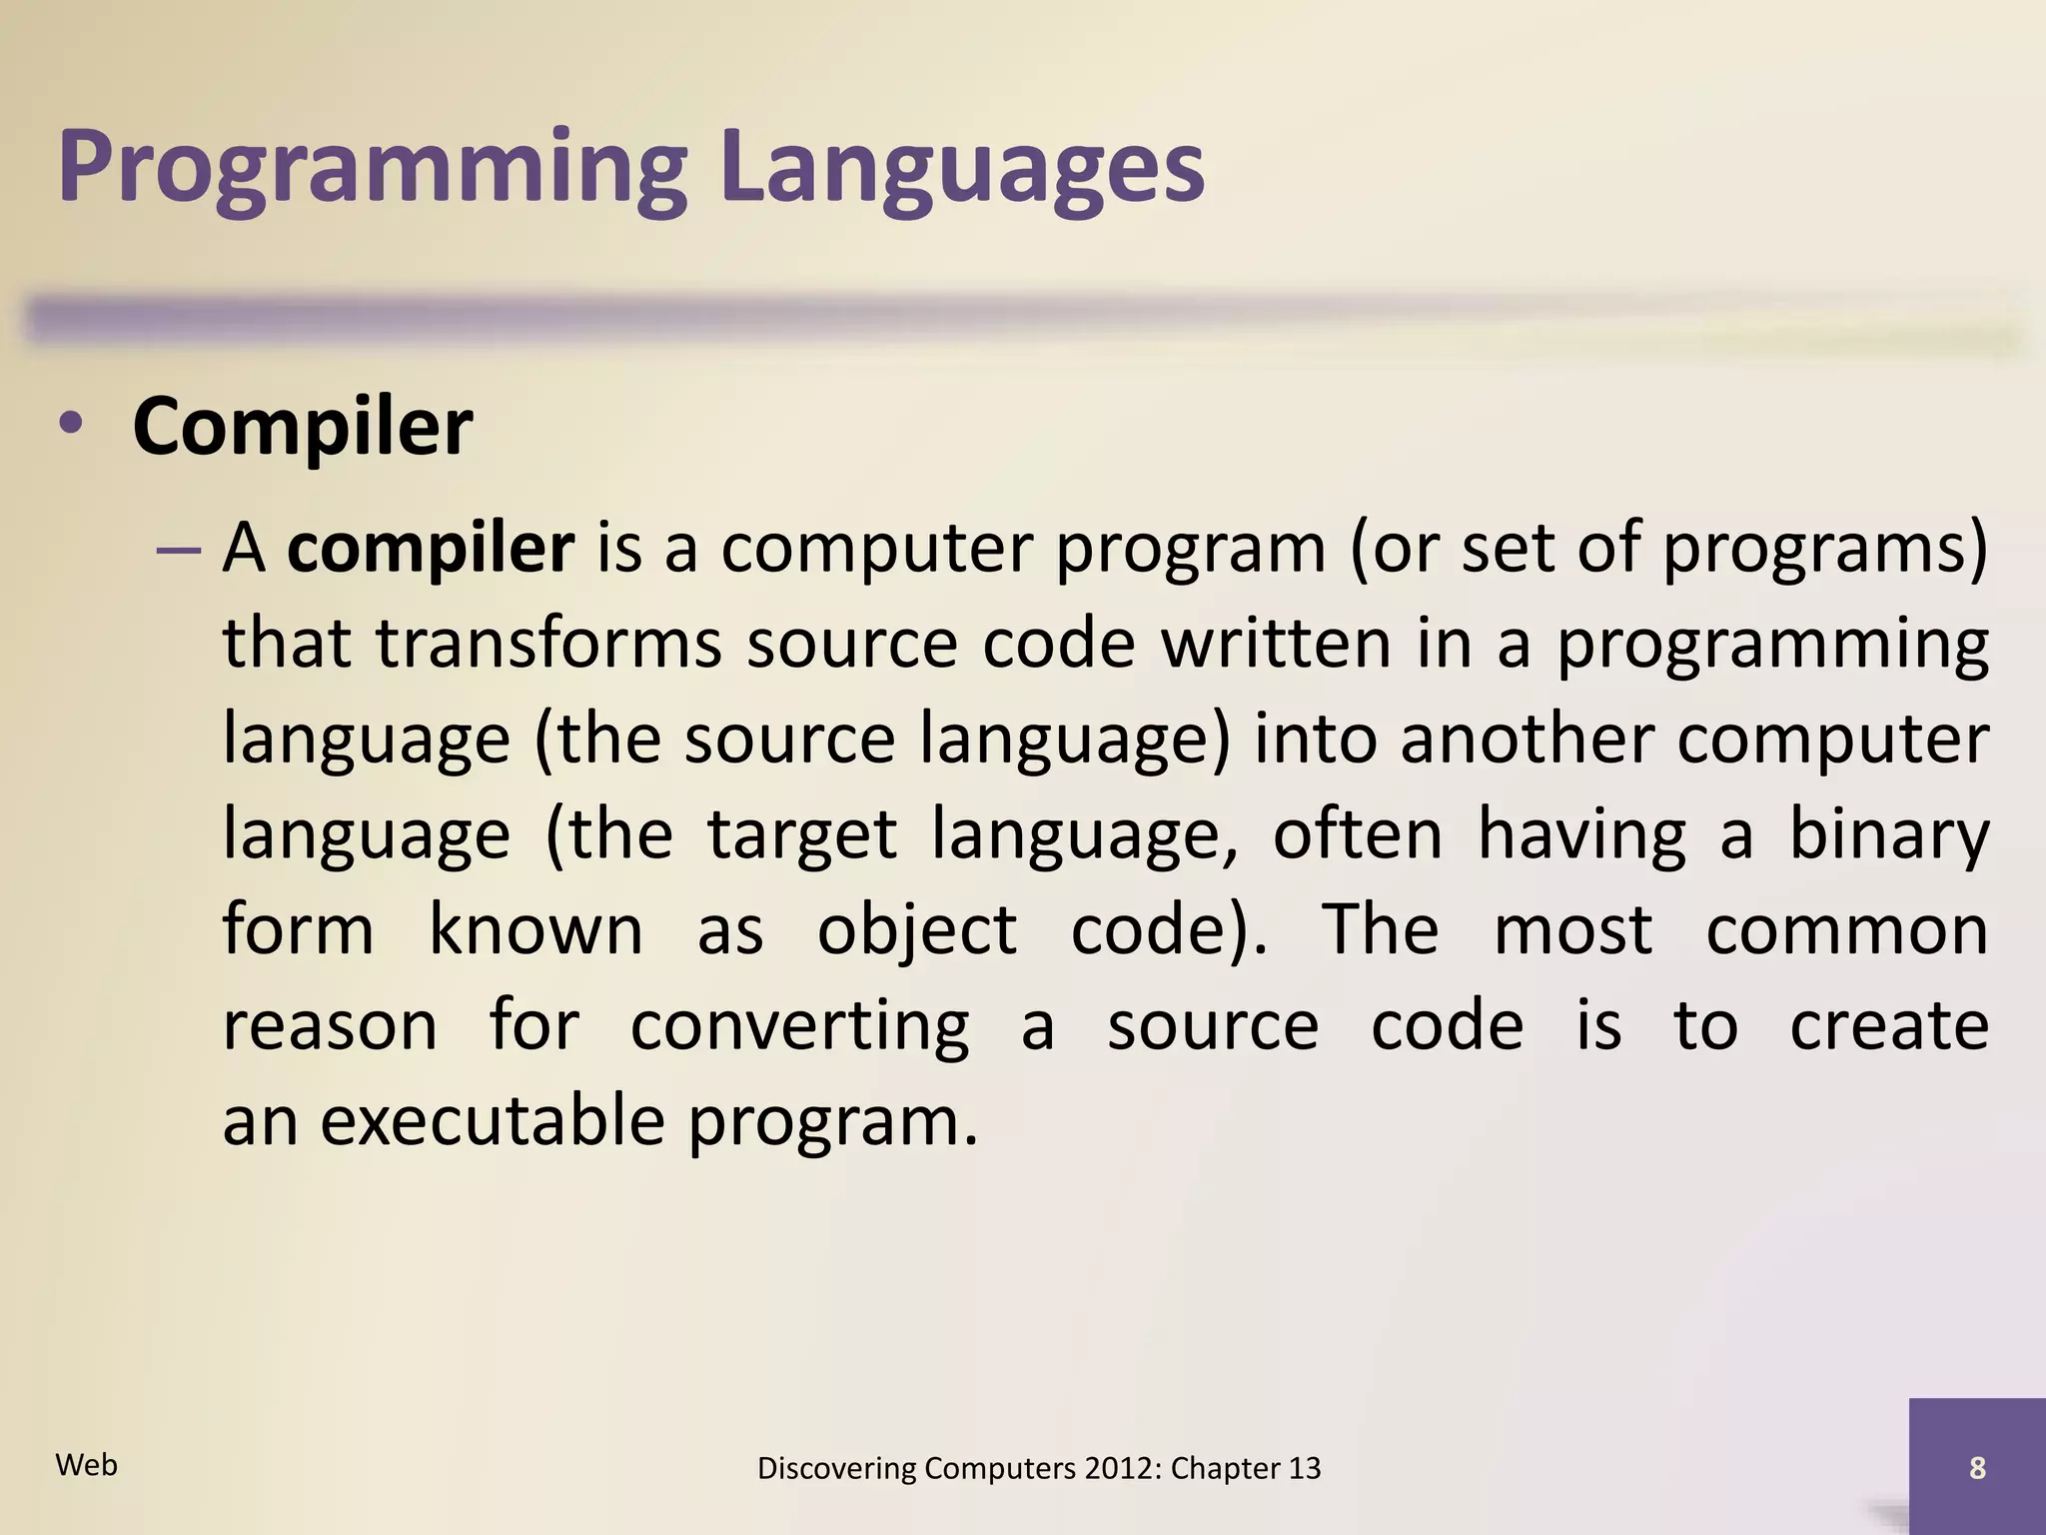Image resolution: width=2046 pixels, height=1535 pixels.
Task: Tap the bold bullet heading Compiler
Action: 302,427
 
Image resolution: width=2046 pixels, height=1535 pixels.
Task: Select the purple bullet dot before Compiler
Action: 70,424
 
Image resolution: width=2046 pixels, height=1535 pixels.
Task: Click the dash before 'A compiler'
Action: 179,551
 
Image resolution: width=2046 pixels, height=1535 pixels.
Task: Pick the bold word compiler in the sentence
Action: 431,549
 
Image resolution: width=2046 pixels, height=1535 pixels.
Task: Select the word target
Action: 802,834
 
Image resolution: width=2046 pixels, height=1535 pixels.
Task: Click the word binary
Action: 1888,834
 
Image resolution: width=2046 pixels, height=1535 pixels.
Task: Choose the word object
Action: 917,930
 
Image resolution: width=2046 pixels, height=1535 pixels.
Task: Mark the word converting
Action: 799,1026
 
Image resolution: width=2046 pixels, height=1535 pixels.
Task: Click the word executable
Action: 492,1120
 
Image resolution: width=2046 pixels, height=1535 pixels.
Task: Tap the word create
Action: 1888,1025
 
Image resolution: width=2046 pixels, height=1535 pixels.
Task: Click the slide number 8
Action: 1977,1468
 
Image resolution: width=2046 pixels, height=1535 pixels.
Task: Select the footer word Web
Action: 87,1465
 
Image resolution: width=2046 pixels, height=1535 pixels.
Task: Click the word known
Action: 535,930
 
